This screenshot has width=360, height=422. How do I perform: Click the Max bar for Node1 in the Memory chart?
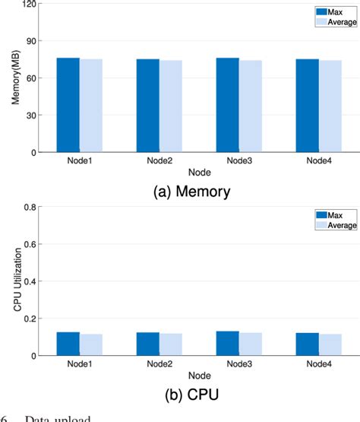point(68,105)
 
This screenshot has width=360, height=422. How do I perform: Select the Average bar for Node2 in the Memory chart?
point(171,106)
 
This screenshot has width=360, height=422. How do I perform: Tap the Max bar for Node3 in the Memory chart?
point(227,105)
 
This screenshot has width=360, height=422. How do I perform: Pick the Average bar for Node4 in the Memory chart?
point(330,106)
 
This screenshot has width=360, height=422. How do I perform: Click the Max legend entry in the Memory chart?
point(327,11)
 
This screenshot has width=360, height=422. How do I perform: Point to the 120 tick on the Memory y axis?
point(30,4)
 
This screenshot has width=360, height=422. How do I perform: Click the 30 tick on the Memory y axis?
point(32,116)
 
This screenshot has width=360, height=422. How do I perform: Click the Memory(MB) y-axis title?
point(14,78)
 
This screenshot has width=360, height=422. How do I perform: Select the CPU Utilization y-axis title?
point(14,281)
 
